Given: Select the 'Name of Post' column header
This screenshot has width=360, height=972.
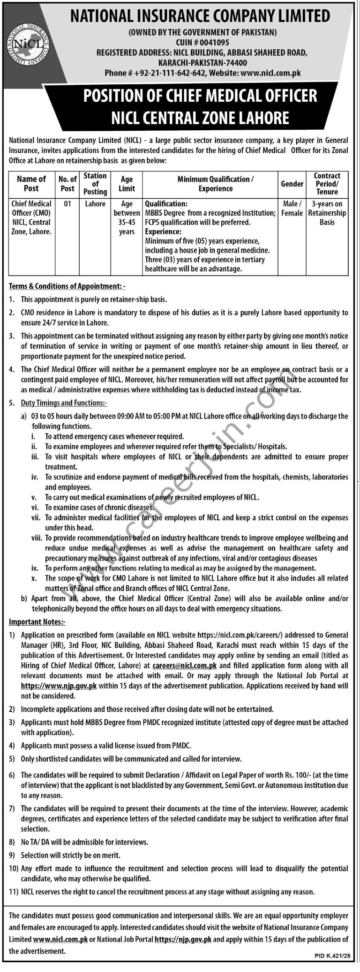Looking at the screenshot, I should point(31,184).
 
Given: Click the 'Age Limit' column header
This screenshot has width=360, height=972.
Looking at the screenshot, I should point(127,184).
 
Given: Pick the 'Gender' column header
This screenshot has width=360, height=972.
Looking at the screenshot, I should point(292,184).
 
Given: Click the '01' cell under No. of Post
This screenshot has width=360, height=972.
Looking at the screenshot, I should point(67,204).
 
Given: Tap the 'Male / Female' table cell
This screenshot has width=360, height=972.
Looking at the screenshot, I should point(292,209).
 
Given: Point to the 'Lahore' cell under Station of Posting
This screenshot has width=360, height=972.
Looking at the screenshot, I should point(95,204).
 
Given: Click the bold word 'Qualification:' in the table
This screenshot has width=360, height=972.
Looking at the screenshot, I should point(166,204).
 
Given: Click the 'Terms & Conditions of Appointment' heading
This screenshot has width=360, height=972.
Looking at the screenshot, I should point(66,286).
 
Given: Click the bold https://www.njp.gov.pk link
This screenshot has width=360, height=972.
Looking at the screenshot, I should point(59,685).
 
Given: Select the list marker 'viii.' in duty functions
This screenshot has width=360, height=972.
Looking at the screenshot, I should point(37,538).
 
